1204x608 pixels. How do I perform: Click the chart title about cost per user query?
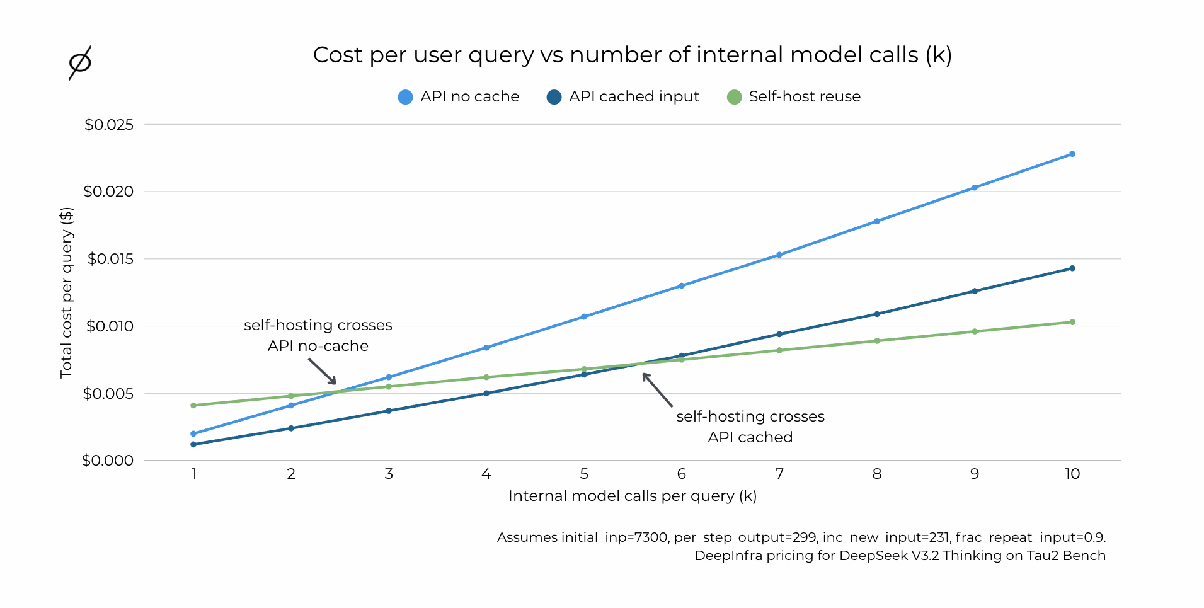click(632, 55)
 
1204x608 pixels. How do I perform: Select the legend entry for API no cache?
click(459, 96)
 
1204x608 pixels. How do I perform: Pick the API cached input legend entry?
click(622, 96)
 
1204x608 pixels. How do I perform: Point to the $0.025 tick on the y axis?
click(109, 125)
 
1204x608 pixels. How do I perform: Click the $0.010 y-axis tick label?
click(110, 326)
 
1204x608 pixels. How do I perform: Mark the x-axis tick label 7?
click(779, 474)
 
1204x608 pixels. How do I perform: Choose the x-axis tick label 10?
click(1072, 474)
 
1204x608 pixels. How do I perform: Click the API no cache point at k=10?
click(1072, 154)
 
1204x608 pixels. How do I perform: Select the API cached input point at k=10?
click(1072, 268)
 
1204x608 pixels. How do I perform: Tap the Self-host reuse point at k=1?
click(193, 405)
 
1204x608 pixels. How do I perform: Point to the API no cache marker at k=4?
click(486, 347)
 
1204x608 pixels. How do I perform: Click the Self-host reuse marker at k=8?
click(877, 341)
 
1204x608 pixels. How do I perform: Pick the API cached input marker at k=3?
click(389, 411)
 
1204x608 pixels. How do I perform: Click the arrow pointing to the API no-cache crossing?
click(322, 371)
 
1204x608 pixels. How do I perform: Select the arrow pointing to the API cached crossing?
click(657, 390)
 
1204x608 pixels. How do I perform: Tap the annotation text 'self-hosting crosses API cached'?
click(750, 427)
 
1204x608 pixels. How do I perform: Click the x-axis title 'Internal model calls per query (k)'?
click(632, 496)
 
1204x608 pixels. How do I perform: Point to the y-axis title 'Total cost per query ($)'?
click(66, 292)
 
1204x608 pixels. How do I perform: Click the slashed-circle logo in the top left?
click(80, 62)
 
